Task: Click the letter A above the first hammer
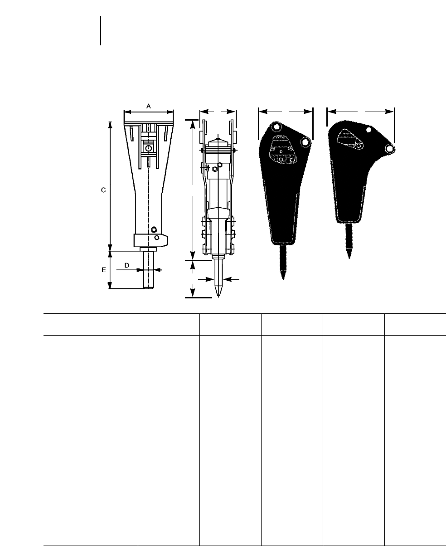click(x=149, y=106)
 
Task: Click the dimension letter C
click(x=103, y=190)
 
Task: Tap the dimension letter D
click(x=127, y=265)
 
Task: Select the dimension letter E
click(x=103, y=270)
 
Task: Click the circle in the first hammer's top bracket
click(x=149, y=148)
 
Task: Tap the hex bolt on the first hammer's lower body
click(x=154, y=229)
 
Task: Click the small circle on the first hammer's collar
click(x=157, y=238)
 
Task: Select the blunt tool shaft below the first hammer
click(x=149, y=270)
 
